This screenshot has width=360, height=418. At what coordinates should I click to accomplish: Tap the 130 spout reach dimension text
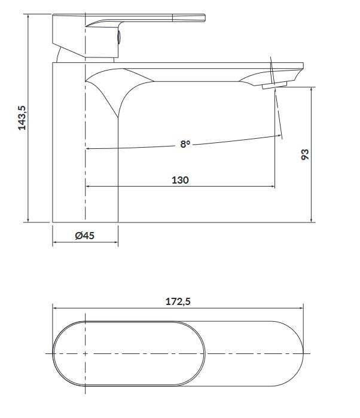pyautogui.click(x=181, y=179)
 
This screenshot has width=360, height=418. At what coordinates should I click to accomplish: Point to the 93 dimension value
pyautogui.click(x=304, y=155)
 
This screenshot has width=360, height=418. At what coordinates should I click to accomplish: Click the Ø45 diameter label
pyautogui.click(x=85, y=236)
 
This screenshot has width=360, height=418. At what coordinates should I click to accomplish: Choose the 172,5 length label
pyautogui.click(x=178, y=302)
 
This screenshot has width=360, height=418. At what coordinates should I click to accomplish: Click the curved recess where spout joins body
pyautogui.click(x=114, y=87)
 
